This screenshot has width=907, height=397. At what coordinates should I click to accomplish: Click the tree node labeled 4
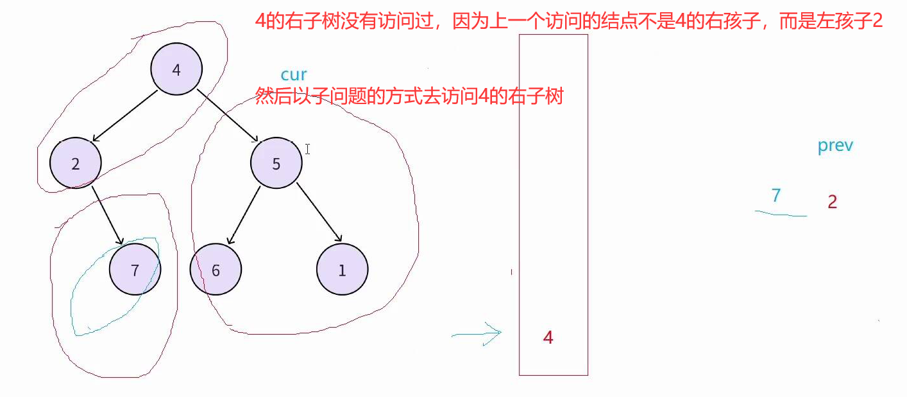pos(176,69)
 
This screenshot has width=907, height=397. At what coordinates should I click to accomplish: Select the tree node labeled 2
pos(76,163)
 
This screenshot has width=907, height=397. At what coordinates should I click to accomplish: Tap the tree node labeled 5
pos(276,163)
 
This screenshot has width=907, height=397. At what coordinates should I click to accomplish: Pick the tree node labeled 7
pos(135,270)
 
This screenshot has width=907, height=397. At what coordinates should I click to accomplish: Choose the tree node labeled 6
pos(216,270)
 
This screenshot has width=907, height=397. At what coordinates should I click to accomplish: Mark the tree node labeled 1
pos(342,270)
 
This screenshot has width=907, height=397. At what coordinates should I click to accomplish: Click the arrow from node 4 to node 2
pos(126,116)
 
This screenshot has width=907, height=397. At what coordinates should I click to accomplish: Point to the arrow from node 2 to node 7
pos(107,215)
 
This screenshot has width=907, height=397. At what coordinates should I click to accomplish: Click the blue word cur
pos(294,75)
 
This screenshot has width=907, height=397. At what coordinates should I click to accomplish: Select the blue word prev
pos(835,146)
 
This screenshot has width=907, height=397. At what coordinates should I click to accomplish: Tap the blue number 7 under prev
pos(776,195)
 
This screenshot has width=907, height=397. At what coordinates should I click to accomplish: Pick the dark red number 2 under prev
pos(832,202)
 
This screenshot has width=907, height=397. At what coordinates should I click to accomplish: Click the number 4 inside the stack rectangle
pos(548,337)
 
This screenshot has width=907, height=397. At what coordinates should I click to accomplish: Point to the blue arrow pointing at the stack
pos(476,333)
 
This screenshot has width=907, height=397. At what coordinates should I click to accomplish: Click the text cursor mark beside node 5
pos(308,149)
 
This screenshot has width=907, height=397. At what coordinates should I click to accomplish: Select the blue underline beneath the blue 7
pos(781,213)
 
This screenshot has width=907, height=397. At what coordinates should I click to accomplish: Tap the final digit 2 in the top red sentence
pos(877,21)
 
